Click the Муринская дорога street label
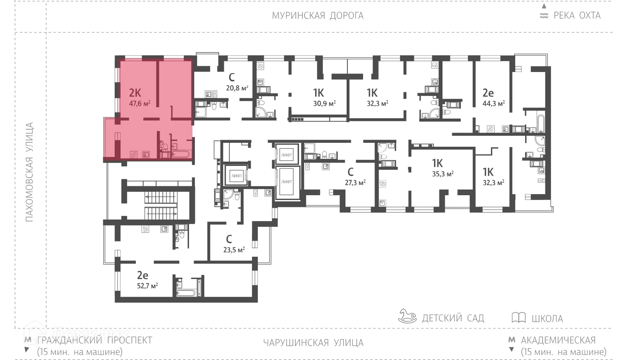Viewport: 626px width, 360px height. tap(318, 16)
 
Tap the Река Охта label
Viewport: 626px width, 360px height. tap(577, 16)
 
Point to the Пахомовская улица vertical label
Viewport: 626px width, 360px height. tap(30, 172)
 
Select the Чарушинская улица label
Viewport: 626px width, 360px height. tap(313, 343)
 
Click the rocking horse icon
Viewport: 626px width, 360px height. tap(408, 316)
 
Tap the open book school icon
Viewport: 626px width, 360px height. tap(518, 317)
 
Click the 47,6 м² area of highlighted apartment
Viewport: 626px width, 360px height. tap(140, 104)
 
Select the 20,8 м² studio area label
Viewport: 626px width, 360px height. tap(237, 88)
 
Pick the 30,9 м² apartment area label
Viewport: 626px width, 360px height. tap(324, 104)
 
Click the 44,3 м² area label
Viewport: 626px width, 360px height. tap(493, 104)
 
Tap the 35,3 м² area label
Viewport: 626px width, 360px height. tap(443, 174)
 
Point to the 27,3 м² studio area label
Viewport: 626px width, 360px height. tap(355, 182)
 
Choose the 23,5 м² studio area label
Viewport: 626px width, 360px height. tap(234, 250)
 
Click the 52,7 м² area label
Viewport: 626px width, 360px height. tap(147, 286)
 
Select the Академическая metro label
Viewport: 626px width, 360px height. tap(558, 340)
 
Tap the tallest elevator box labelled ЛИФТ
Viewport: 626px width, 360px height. tap(287, 182)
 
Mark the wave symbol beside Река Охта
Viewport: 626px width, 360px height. tap(544, 16)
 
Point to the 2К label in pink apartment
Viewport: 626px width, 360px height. tap(135, 93)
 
